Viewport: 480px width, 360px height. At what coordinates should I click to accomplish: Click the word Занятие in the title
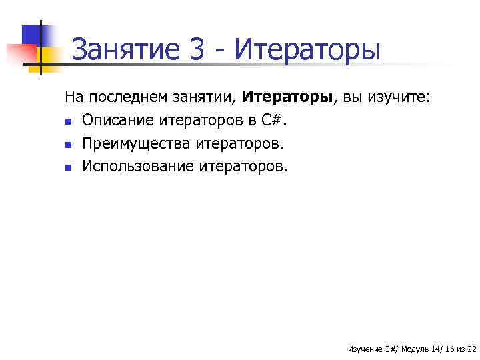[x=127, y=51]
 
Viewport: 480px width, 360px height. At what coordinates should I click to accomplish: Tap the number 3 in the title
[x=198, y=51]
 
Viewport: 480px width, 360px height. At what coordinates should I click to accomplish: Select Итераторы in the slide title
[x=309, y=51]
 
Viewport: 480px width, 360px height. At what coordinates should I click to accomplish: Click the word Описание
[x=119, y=121]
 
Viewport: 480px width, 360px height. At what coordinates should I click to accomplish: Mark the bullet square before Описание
[x=68, y=122]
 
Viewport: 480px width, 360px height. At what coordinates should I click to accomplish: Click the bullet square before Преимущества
[x=68, y=145]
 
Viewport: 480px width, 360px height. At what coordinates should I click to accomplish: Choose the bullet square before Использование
[x=68, y=167]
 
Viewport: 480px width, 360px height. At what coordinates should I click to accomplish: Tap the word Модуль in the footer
[x=416, y=349]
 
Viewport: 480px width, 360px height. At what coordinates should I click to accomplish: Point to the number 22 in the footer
[x=471, y=349]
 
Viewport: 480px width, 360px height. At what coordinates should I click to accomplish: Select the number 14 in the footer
[x=437, y=349]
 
